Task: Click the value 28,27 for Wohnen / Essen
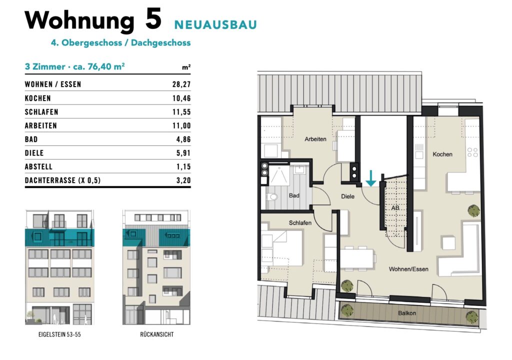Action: pyautogui.click(x=181, y=84)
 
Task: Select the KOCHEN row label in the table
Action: pyautogui.click(x=38, y=98)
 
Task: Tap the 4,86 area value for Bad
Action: pyautogui.click(x=183, y=139)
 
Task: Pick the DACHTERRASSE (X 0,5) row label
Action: pyautogui.click(x=62, y=180)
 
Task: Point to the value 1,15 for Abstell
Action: pyautogui.click(x=183, y=167)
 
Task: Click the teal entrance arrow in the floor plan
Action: pyautogui.click(x=370, y=178)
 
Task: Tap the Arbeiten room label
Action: pyautogui.click(x=315, y=139)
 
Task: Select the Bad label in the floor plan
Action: pyautogui.click(x=294, y=195)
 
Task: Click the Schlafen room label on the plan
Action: pyautogui.click(x=300, y=223)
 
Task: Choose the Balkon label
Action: pyautogui.click(x=407, y=313)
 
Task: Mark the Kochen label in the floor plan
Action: pyautogui.click(x=442, y=154)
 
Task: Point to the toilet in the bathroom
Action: pyautogui.click(x=272, y=196)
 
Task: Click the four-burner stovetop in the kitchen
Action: pyautogui.click(x=472, y=152)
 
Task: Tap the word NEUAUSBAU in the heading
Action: pyautogui.click(x=215, y=25)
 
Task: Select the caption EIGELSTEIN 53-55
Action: pyautogui.click(x=59, y=334)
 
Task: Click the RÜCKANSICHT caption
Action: pyautogui.click(x=156, y=334)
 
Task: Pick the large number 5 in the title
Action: pyautogui.click(x=153, y=19)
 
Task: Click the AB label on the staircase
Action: pyautogui.click(x=395, y=208)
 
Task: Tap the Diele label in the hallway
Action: pyautogui.click(x=348, y=196)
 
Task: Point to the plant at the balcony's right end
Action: pyautogui.click(x=472, y=317)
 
